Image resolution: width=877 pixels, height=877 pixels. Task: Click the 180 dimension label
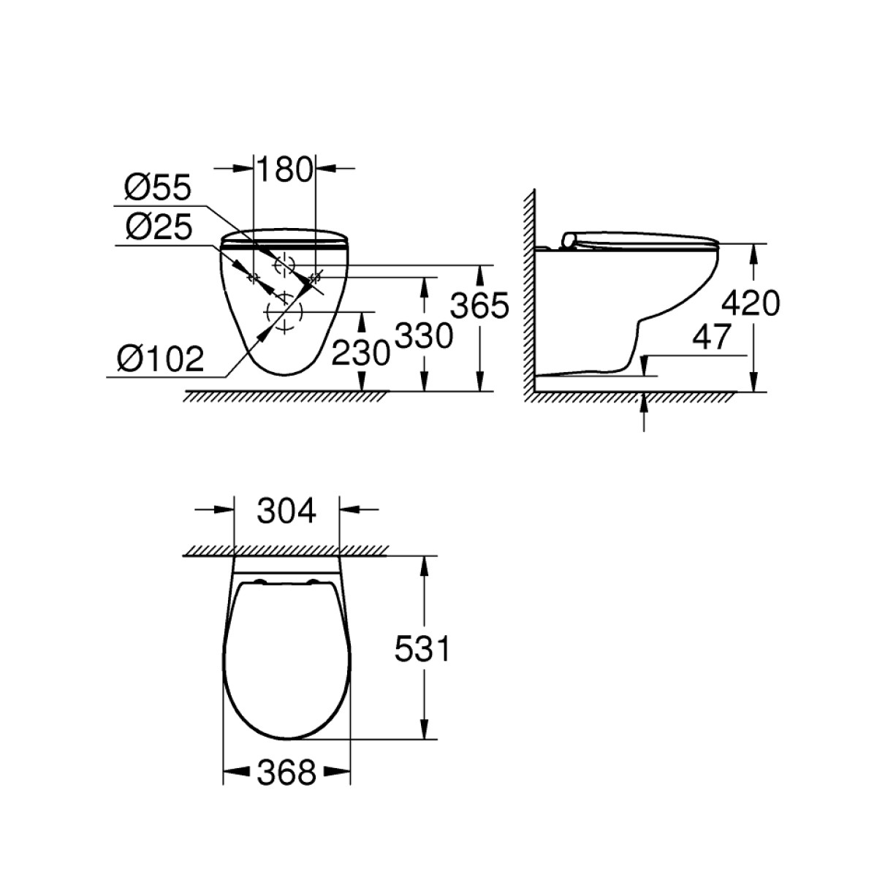coord(284,169)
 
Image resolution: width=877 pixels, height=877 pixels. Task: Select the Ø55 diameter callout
coord(157,187)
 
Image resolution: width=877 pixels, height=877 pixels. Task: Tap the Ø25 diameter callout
coord(158,227)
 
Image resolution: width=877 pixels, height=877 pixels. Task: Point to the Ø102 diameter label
coord(160,358)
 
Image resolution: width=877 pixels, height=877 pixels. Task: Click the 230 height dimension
coord(360,353)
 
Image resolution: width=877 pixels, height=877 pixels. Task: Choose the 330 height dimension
coord(424,335)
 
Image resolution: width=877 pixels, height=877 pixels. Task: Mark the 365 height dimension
coord(479,305)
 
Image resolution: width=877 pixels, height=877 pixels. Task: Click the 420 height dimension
coord(751,303)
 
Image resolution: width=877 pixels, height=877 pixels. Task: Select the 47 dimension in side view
coord(711,337)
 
